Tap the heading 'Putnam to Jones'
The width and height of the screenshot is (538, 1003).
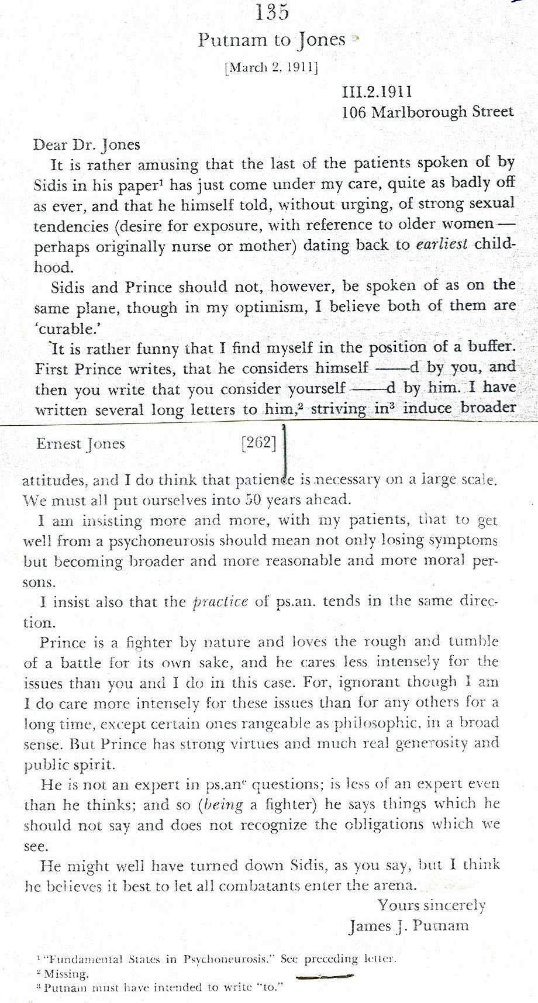272,40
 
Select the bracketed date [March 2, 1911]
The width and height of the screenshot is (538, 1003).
271,67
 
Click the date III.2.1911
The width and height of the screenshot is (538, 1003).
377,91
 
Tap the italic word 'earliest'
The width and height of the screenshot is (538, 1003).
441,244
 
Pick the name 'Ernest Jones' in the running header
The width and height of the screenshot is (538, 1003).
81,443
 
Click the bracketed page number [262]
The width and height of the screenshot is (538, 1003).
258,443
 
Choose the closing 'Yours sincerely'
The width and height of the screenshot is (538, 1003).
431,905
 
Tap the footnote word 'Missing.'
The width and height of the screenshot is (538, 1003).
66,974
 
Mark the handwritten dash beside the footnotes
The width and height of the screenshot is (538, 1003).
324,976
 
